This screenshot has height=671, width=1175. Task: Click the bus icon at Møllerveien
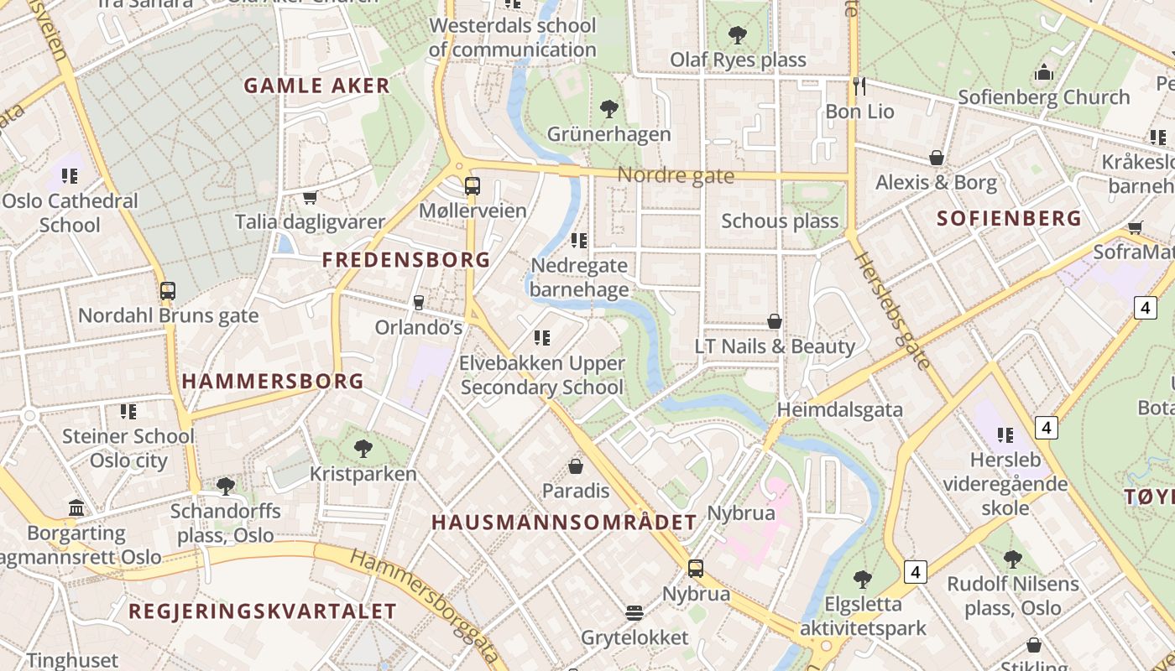tap(473, 186)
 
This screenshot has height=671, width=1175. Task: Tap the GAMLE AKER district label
tap(317, 86)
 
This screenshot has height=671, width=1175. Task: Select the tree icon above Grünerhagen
tap(609, 108)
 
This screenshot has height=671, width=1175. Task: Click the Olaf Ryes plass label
tap(738, 60)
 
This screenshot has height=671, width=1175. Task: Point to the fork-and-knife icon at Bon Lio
tap(859, 86)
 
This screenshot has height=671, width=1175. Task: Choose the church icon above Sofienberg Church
tap(1044, 72)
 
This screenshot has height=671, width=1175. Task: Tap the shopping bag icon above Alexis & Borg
tap(937, 158)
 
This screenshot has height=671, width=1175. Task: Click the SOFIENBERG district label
tap(1009, 219)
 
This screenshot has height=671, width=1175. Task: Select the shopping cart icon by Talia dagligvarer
tap(310, 198)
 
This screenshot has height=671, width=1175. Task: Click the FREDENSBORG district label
tap(406, 260)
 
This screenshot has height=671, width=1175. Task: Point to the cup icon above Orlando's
tap(418, 302)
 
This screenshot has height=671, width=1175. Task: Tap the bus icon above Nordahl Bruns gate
tap(168, 291)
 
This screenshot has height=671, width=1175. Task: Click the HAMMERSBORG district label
tap(273, 382)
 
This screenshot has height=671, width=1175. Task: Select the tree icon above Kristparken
tap(363, 449)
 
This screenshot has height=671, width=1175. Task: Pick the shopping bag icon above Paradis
tap(576, 466)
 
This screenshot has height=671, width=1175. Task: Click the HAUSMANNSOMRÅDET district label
tap(564, 523)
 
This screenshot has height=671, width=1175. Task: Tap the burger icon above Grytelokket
tap(634, 613)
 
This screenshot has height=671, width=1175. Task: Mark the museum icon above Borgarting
tap(76, 508)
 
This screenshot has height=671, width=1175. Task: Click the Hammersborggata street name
tap(424, 606)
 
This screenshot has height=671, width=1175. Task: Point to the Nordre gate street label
tap(676, 176)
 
